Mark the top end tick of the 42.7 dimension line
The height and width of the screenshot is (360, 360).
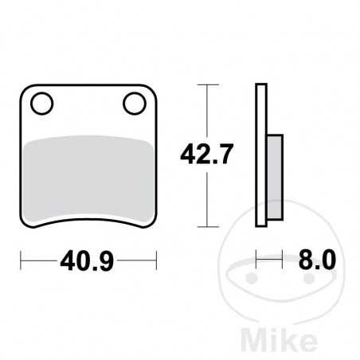[208, 84]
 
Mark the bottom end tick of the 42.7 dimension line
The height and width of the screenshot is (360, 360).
[208, 226]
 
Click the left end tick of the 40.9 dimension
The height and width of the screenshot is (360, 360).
[22, 258]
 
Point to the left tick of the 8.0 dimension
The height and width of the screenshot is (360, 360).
[257, 258]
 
